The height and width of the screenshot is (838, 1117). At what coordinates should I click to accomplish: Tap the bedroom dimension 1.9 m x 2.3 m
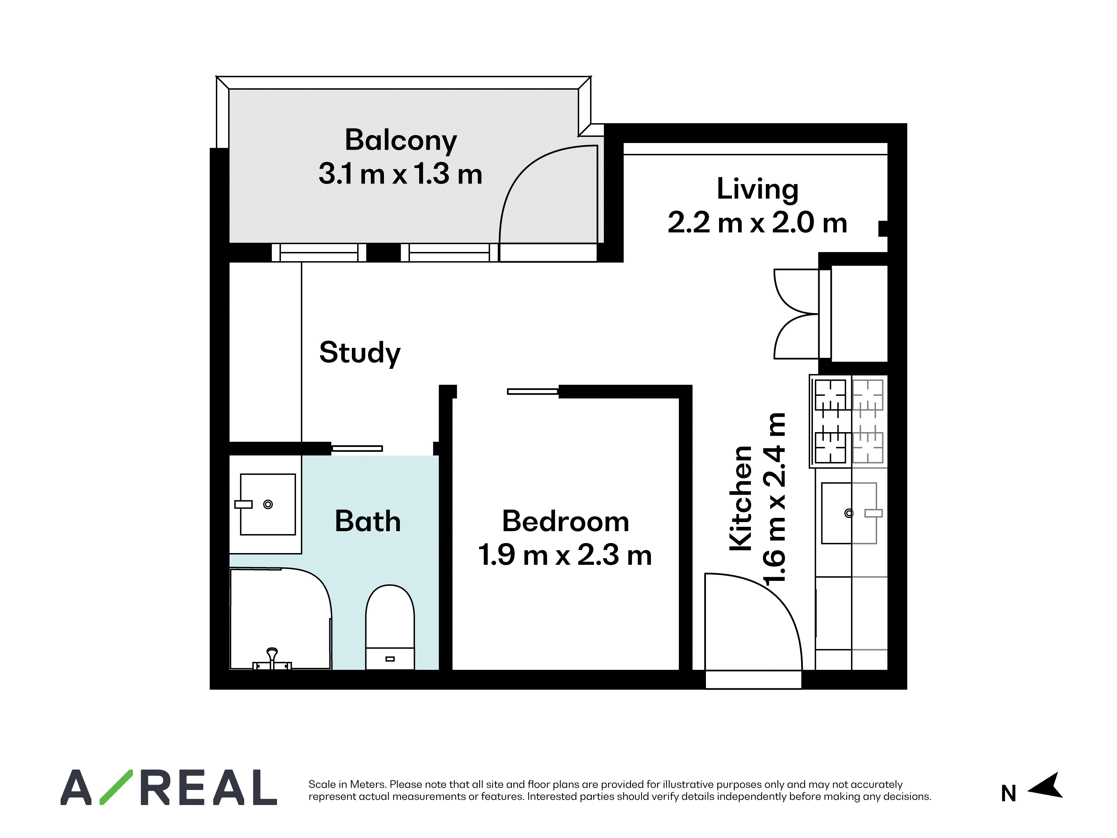click(565, 555)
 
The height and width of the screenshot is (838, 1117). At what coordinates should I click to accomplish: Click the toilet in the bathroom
click(390, 627)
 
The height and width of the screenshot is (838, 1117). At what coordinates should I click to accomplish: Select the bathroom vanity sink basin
click(268, 504)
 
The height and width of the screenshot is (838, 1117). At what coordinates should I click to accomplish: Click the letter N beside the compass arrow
click(1008, 794)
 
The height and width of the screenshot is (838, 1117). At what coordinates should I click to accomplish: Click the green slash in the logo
click(116, 787)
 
